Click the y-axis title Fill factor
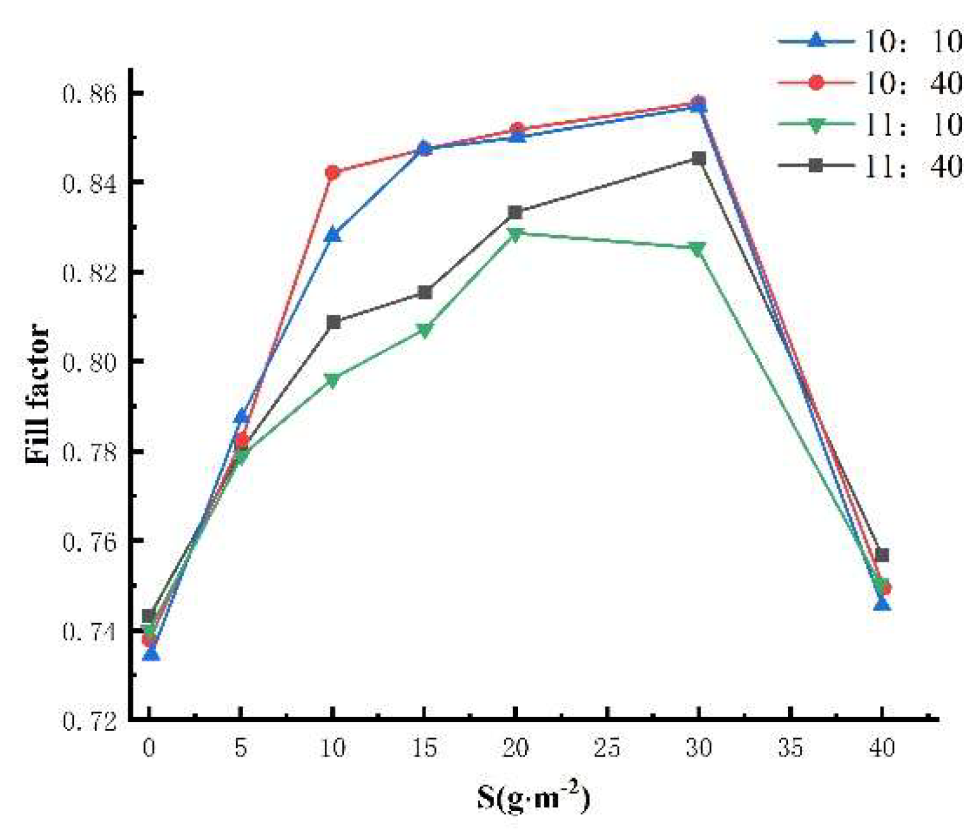coord(37,394)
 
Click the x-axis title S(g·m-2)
coord(533,796)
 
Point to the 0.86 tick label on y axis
coord(90,94)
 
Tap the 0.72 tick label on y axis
coord(90,721)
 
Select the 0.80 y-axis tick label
coord(90,363)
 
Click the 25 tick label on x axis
coord(607,747)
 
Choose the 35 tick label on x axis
coord(790,747)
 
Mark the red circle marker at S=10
coord(332,172)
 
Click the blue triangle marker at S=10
coord(332,235)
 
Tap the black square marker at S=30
coord(699,158)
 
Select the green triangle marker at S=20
coord(516,234)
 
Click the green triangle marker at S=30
coord(698,249)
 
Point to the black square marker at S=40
coord(882,555)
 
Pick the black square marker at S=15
coord(425,292)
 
